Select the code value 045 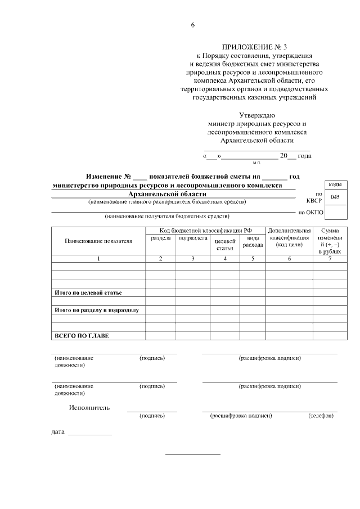[x=335, y=197]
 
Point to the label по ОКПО [x=310, y=213]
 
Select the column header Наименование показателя [x=98, y=241]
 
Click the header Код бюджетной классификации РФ [x=205, y=231]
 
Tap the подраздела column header [x=192, y=238]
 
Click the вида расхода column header [x=253, y=242]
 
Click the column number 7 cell [x=329, y=259]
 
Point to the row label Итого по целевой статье [x=88, y=293]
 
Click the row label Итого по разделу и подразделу [x=96, y=310]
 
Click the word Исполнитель [x=89, y=408]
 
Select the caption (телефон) [x=321, y=416]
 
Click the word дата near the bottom [x=58, y=433]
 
